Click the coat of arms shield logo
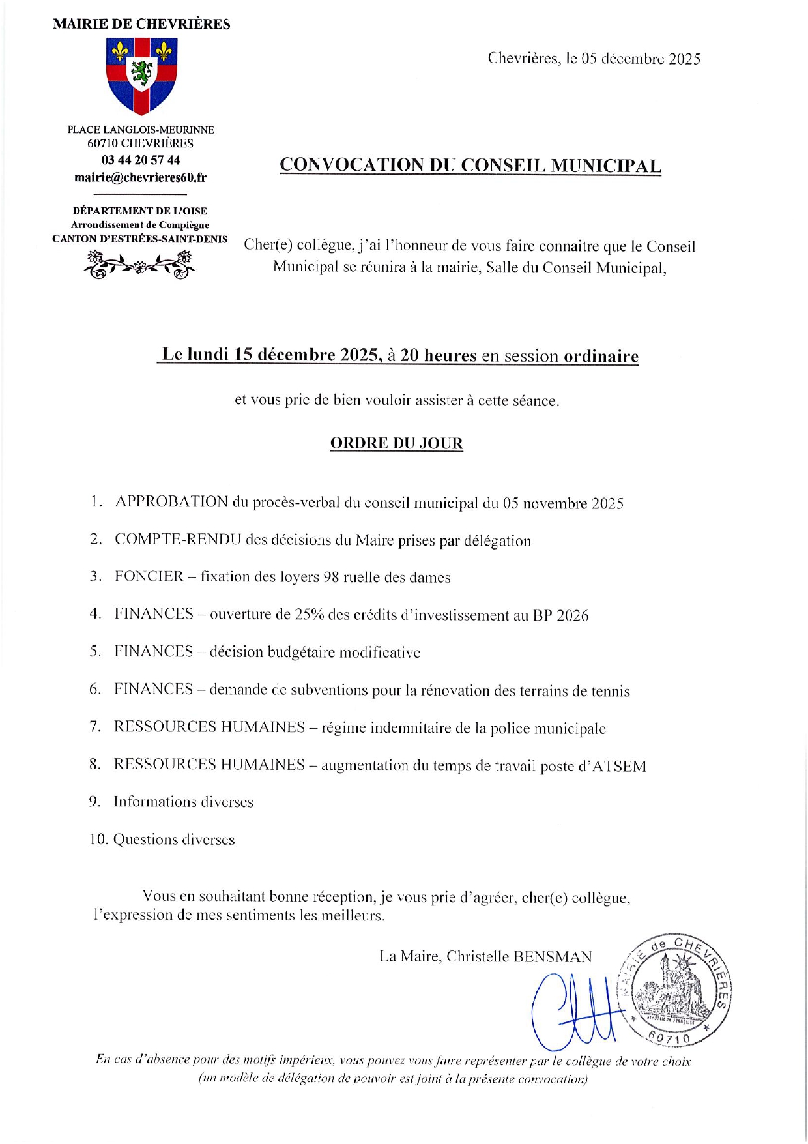(x=141, y=75)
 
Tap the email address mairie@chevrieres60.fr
(x=140, y=177)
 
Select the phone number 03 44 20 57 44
(x=141, y=160)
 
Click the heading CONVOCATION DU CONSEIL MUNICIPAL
(x=470, y=165)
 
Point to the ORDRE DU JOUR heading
(x=396, y=443)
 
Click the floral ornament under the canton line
(x=140, y=265)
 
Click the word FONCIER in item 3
(x=149, y=576)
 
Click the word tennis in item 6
(x=611, y=691)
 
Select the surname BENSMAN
(x=553, y=956)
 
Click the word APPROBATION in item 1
(x=171, y=502)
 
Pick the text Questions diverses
(x=174, y=840)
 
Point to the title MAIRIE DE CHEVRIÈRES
(x=141, y=25)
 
